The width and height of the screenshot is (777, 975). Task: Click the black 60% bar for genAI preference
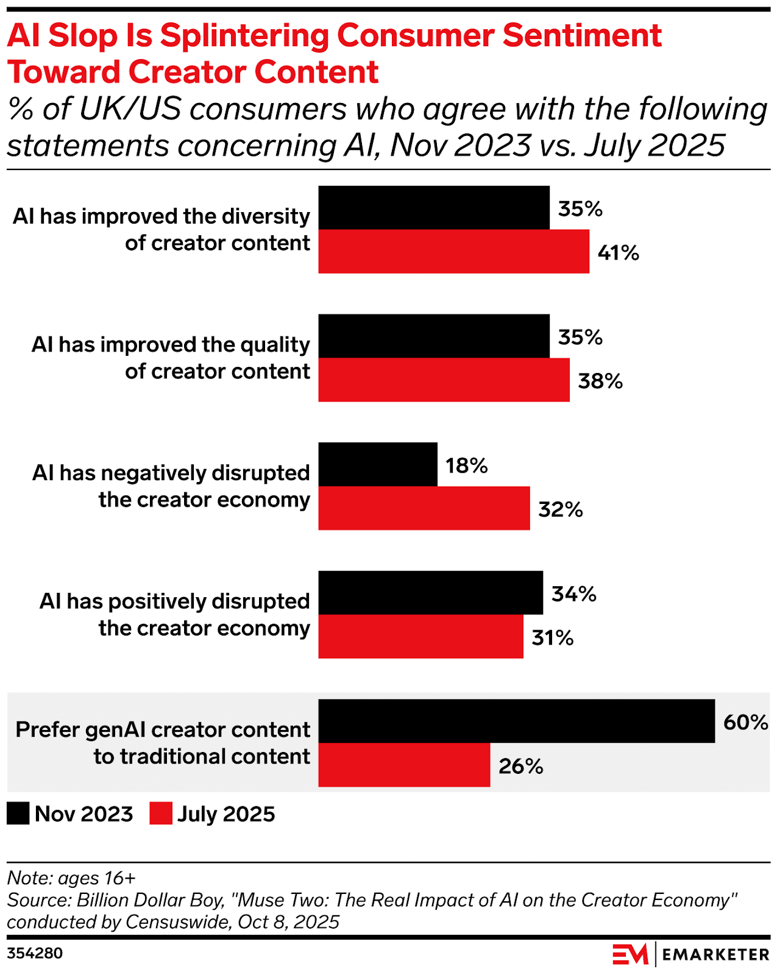(516, 721)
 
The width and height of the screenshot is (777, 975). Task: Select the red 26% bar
(404, 765)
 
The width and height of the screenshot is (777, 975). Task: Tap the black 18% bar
(378, 464)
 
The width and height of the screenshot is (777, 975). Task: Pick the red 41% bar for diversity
(453, 251)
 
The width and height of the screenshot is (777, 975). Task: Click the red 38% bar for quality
(444, 380)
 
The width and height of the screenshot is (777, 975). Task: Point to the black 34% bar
(430, 592)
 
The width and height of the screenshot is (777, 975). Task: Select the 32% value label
(560, 509)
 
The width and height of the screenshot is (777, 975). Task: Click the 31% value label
(552, 637)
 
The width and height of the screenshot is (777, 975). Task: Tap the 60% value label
(745, 722)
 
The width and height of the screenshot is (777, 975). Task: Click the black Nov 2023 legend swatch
(18, 814)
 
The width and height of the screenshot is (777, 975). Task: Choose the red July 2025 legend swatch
(161, 814)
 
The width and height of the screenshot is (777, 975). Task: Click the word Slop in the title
(83, 35)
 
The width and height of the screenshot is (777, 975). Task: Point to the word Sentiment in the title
(582, 35)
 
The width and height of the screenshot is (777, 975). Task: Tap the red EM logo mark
(630, 954)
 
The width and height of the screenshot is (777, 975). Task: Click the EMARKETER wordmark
(715, 954)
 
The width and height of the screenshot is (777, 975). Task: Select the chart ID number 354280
(35, 953)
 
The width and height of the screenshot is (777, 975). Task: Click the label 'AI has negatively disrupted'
(171, 473)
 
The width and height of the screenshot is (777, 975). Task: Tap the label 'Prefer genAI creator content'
(163, 729)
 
